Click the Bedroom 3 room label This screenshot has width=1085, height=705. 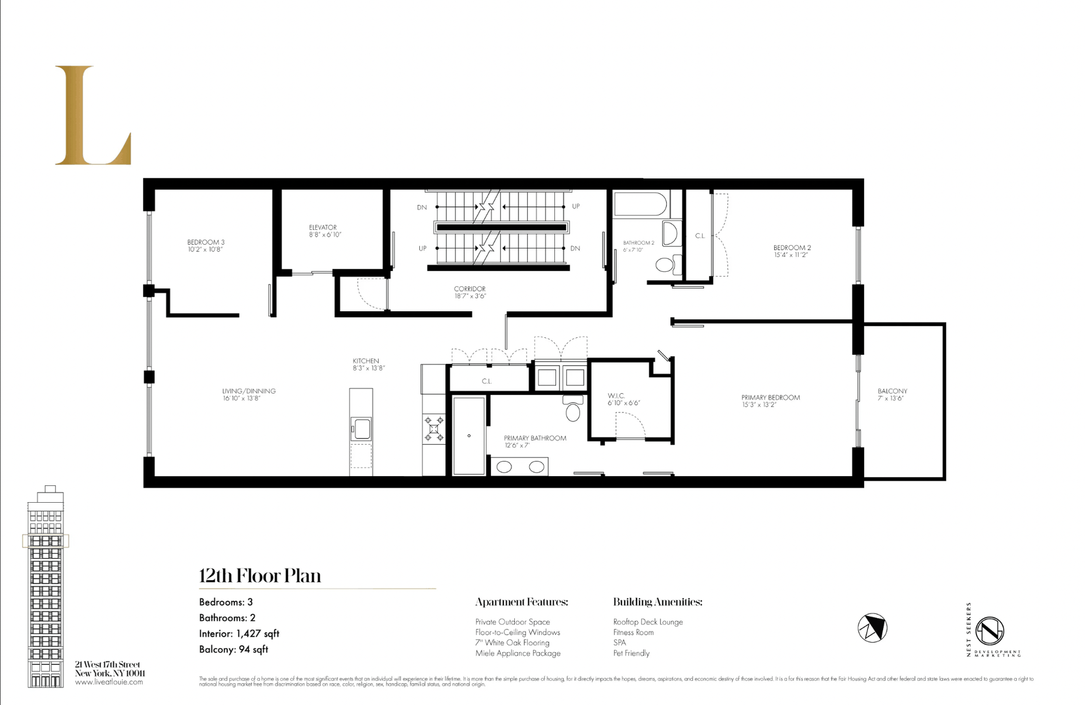pos(206,242)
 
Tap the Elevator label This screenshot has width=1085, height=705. pos(323,227)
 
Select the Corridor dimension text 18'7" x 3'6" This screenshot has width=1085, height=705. pos(470,296)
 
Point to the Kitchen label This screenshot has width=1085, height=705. pos(366,360)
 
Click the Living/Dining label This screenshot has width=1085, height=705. pos(249,391)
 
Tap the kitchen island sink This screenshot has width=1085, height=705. pos(361,429)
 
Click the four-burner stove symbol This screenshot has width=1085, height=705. pos(434,429)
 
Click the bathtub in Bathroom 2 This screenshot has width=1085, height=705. pos(641,204)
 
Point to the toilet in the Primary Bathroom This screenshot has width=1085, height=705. pos(572,411)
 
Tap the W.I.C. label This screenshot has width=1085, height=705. pos(616,395)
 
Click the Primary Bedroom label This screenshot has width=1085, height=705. pos(770,397)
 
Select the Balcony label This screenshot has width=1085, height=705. pos(892,391)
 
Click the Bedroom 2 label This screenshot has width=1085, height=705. pos(792,247)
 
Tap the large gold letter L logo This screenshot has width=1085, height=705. pos(93,116)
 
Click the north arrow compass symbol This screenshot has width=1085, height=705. pos(872,628)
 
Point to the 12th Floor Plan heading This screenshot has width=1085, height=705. pos(260,576)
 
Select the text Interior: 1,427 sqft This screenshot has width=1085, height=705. pos(239,634)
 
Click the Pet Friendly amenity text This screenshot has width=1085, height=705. pos(631,653)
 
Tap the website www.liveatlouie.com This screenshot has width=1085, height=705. pos(109,682)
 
